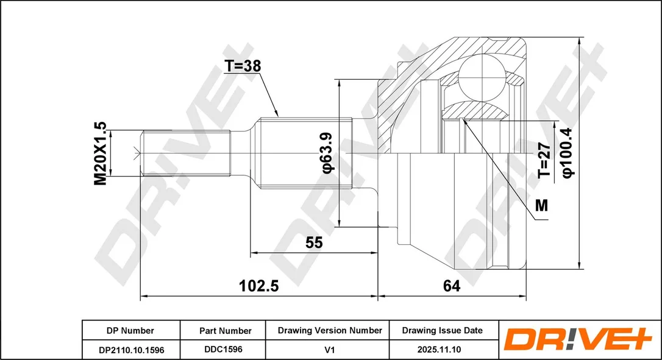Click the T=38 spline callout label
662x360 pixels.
243,66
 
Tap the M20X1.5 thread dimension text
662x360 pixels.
101,154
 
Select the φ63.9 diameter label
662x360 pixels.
327,153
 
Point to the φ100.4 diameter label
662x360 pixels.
568,152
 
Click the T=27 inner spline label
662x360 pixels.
544,160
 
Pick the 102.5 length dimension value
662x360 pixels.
259,286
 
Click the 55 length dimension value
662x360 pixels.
314,242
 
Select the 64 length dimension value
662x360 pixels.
451,286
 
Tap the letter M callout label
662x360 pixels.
541,205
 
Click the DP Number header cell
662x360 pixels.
130,331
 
